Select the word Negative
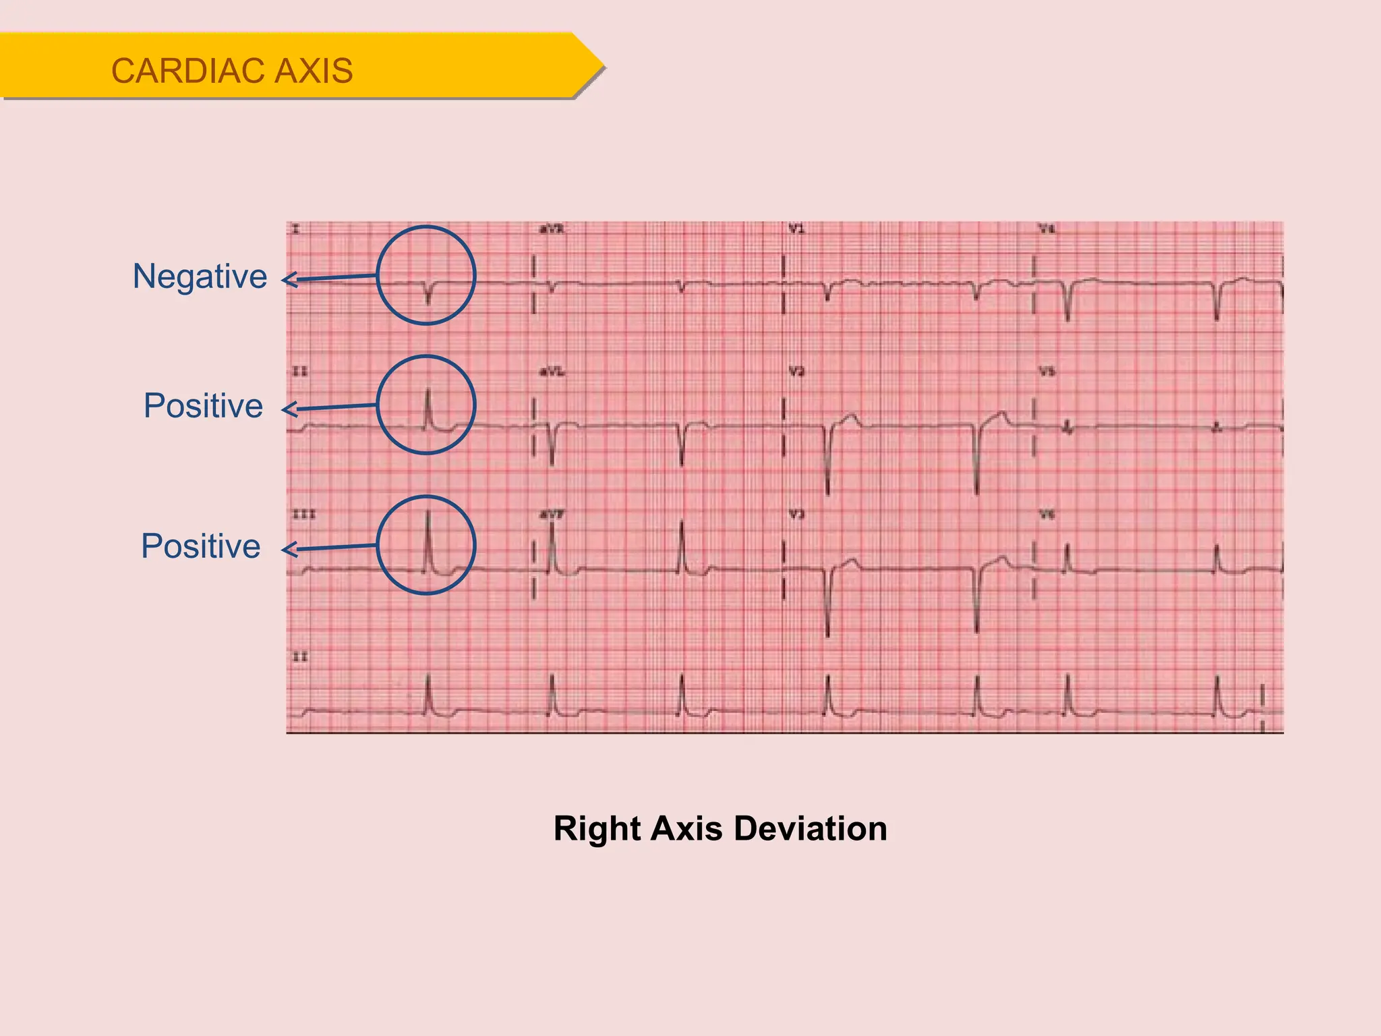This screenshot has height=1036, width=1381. click(200, 277)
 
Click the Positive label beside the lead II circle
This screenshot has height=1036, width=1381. click(203, 406)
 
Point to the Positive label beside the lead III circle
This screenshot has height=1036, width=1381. click(200, 546)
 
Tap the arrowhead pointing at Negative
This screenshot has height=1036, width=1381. click(289, 280)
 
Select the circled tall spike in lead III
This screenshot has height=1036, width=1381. click(428, 540)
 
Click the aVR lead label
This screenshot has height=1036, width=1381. click(551, 230)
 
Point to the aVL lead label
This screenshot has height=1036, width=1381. click(552, 372)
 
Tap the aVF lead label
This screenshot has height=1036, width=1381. click(552, 515)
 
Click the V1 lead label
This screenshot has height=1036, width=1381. click(796, 230)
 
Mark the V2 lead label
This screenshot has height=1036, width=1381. click(796, 372)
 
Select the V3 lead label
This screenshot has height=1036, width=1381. click(796, 515)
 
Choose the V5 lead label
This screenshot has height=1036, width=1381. click(1047, 372)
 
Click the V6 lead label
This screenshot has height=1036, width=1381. click(1047, 515)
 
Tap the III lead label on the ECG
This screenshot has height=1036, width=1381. click(303, 515)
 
